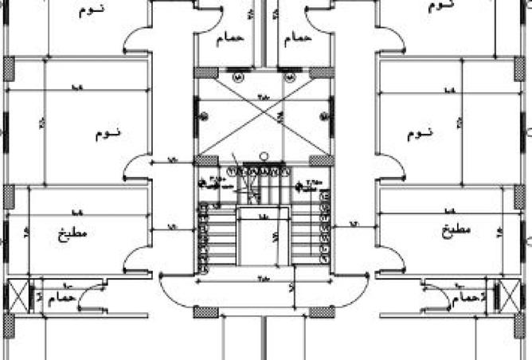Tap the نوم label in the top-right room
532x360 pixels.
click(440, 5)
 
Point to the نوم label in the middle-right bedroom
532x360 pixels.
click(420, 133)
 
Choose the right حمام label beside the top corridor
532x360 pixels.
click(296, 37)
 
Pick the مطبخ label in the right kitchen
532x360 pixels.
click(455, 231)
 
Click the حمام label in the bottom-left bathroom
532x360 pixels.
click(66, 297)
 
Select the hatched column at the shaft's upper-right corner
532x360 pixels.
click(322, 73)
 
